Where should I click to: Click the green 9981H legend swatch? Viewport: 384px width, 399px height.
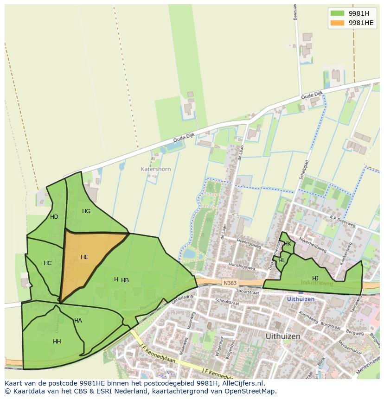[337, 13]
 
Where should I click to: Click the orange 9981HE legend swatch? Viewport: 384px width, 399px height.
[337, 23]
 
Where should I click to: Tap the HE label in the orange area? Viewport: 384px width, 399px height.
[84, 257]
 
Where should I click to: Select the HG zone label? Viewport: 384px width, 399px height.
[86, 211]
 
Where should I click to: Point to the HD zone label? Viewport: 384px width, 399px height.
[54, 217]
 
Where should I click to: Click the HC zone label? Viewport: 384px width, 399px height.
[48, 263]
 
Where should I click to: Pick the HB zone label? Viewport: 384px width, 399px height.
[125, 280]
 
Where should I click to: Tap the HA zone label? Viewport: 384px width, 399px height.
[78, 321]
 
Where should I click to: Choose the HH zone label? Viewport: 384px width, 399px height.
[57, 342]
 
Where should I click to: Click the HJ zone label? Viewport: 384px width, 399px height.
[315, 278]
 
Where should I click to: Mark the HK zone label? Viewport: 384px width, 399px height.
[288, 244]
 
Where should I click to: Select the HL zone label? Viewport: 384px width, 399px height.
[282, 260]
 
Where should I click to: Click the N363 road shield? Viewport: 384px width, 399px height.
[229, 283]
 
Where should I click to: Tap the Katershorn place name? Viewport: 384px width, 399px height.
[156, 169]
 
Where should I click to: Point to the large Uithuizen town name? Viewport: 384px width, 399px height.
[283, 336]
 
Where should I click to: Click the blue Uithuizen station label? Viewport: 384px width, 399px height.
[301, 299]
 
